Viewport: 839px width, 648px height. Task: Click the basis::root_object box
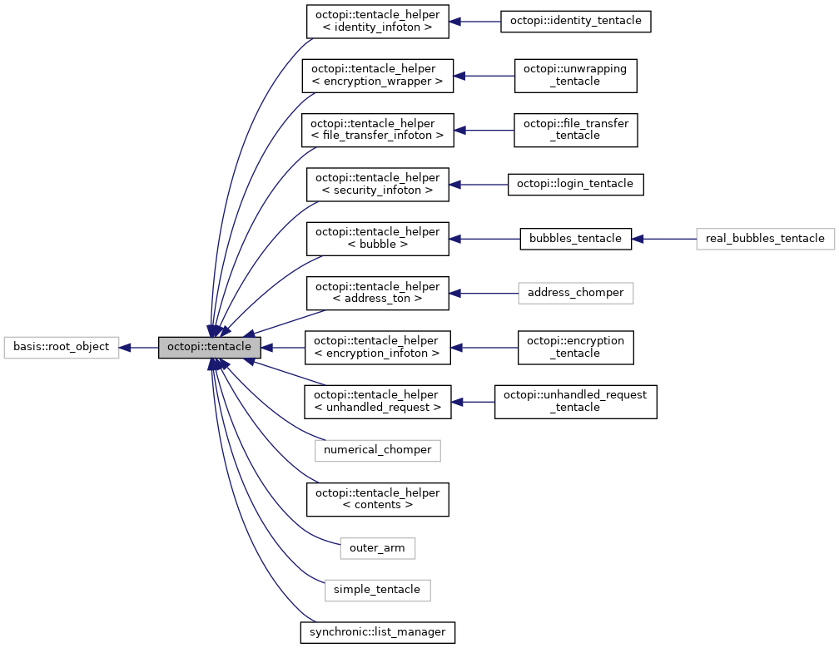pos(62,346)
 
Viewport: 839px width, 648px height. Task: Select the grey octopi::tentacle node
pos(210,346)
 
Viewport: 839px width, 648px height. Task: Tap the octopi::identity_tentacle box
pos(574,21)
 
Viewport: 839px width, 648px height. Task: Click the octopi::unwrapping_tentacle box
pos(575,76)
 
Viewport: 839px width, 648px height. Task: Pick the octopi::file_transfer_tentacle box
pos(575,130)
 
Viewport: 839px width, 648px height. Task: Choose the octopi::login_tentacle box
pos(575,184)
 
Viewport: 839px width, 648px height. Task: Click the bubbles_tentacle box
pos(575,238)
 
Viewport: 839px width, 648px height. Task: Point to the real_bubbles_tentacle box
pos(764,238)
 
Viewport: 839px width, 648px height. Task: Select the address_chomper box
pos(575,292)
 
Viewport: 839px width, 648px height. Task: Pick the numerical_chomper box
pos(377,450)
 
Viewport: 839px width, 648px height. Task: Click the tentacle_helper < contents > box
pos(378,498)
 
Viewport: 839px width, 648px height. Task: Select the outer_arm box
pos(377,547)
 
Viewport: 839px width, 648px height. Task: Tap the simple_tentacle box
pos(377,590)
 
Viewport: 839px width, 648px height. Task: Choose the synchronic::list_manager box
pos(378,631)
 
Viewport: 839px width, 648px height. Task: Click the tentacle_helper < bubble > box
pos(378,238)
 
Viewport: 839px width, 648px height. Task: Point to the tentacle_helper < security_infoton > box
pos(378,184)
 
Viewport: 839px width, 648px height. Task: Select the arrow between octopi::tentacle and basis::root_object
pos(138,346)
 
